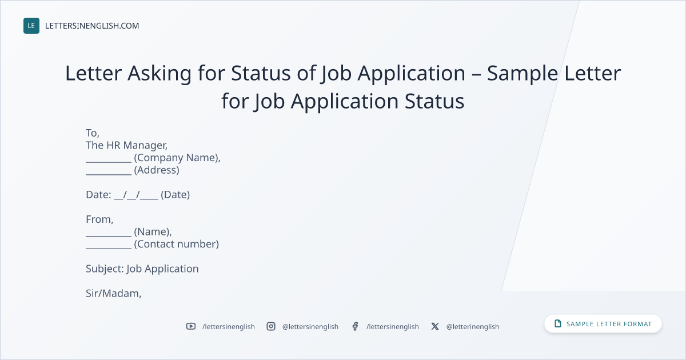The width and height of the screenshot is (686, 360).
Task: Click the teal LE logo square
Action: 31,26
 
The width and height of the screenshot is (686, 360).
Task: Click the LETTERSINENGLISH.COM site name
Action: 92,26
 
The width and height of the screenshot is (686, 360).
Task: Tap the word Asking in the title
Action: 159,74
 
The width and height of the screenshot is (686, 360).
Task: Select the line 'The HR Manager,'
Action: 126,145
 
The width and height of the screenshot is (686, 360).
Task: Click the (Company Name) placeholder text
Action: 177,158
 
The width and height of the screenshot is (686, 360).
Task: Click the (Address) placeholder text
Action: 157,170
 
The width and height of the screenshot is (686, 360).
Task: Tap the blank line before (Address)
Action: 109,174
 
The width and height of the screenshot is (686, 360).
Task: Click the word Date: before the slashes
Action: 98,195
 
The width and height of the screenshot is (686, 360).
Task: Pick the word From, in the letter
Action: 99,219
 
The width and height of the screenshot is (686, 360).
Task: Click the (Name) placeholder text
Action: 153,232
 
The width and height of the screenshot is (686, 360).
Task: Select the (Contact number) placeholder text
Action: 177,244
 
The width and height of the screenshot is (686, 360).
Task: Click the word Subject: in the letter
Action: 105,269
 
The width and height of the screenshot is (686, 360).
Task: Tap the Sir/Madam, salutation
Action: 113,293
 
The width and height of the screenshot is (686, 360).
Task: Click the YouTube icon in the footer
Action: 191,326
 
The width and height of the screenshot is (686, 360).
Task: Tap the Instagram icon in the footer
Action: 271,326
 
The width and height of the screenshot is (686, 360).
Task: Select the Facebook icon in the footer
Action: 355,326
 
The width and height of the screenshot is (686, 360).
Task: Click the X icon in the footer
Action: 435,326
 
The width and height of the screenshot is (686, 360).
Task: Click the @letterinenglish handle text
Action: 473,327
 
